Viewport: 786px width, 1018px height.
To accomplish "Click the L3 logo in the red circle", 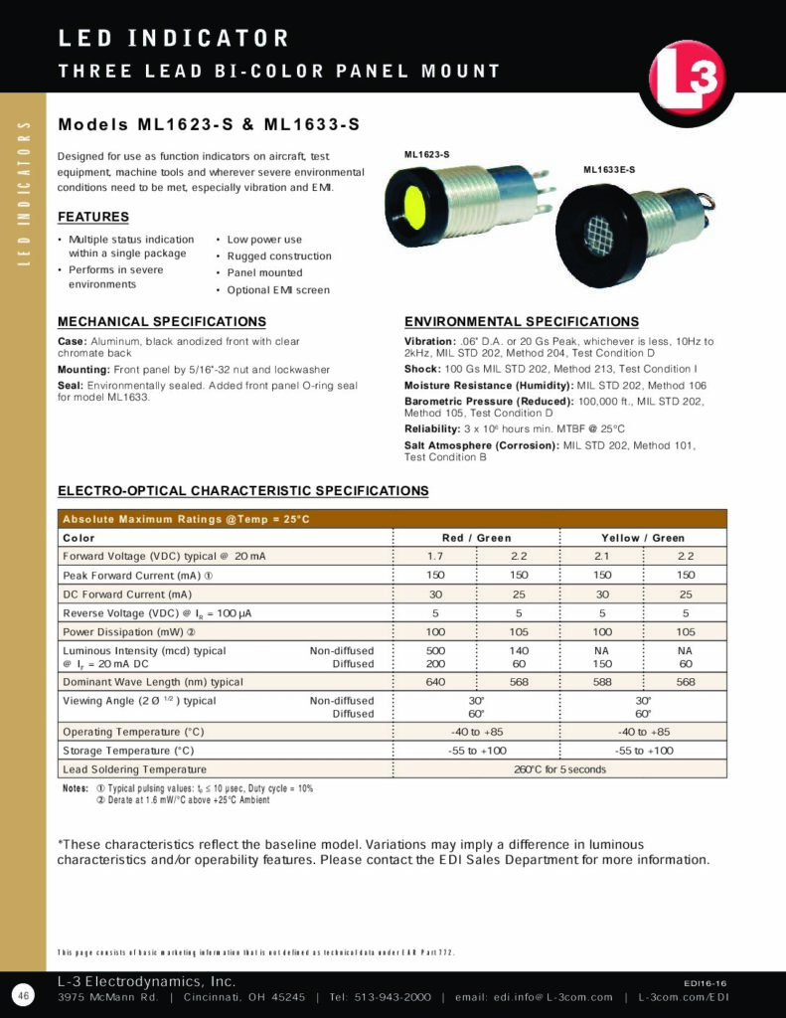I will (x=688, y=81).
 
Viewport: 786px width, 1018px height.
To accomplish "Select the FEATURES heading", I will (x=93, y=217).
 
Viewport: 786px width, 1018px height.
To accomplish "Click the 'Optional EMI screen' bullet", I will (x=278, y=290).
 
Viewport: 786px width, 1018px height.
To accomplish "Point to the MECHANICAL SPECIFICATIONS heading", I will (x=162, y=322).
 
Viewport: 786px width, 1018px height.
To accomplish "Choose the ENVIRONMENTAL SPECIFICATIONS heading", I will (x=522, y=322).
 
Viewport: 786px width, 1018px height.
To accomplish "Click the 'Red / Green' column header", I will (x=477, y=538).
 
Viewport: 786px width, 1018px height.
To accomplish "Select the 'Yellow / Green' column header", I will (x=643, y=538).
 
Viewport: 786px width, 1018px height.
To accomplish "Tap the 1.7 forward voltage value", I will (x=435, y=557).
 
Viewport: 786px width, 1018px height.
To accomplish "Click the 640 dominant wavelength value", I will (x=435, y=682).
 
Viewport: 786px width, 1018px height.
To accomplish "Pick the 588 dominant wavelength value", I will (x=602, y=682).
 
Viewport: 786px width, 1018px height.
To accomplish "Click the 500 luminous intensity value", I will (x=435, y=651).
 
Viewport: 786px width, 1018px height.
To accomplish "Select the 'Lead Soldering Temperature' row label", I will (x=134, y=769).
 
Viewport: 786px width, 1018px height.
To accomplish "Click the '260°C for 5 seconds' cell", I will (x=559, y=769).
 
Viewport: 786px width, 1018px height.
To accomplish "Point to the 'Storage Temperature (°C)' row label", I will (x=128, y=751).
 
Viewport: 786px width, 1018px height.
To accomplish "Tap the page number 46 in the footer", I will (x=23, y=995).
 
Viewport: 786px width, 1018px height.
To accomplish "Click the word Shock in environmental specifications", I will (x=421, y=369).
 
